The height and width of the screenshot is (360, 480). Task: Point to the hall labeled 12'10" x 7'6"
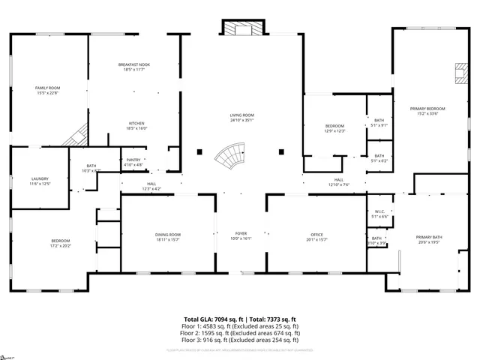point(339,181)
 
